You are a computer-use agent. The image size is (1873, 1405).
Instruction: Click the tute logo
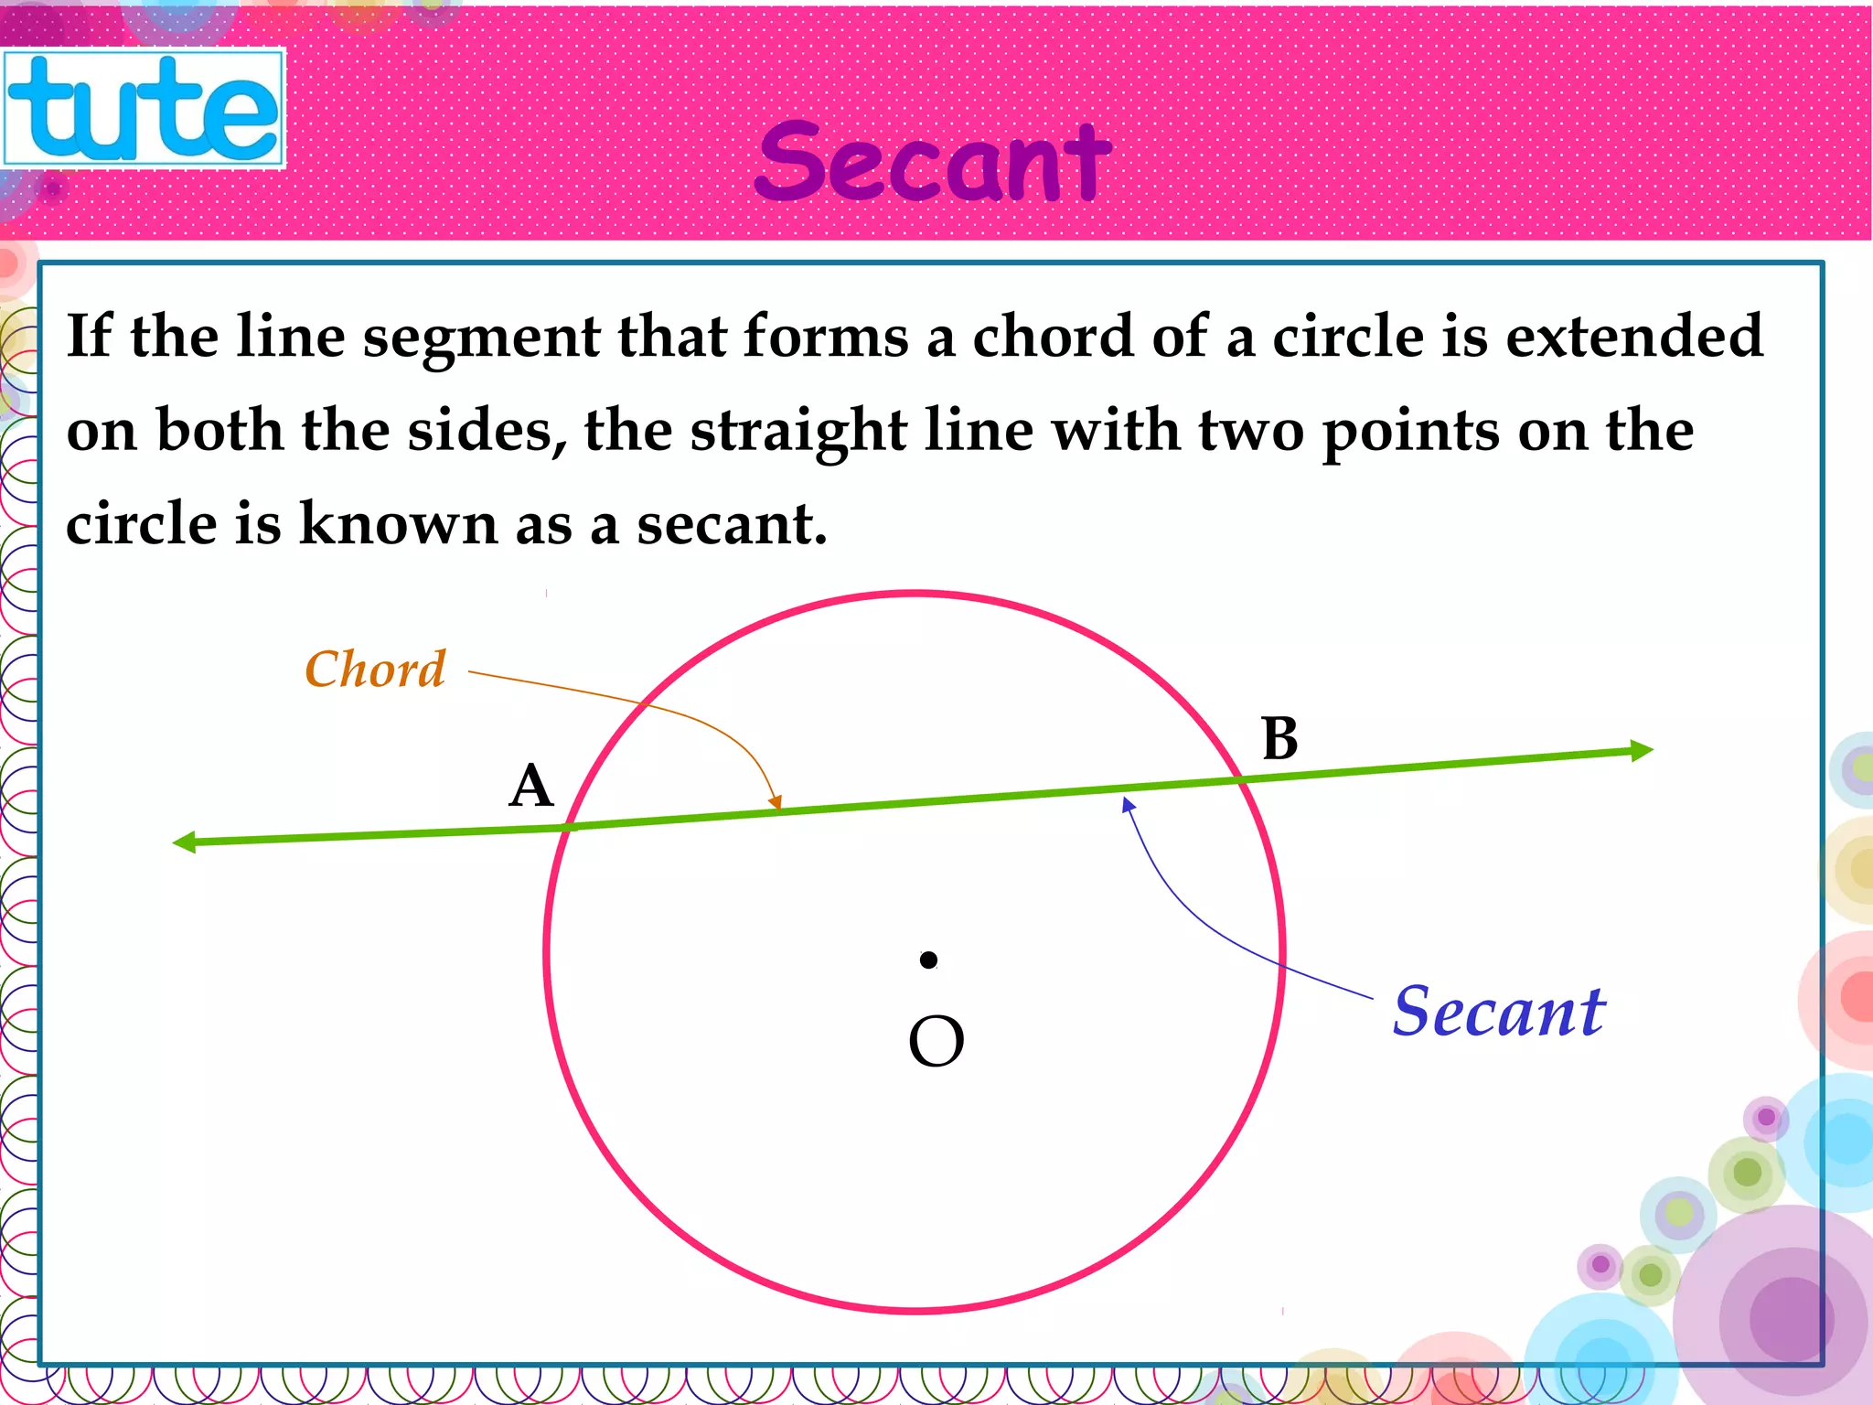coord(144,108)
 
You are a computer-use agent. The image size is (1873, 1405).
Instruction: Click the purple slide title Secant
coord(933,163)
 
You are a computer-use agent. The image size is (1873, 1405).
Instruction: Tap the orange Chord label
coord(375,670)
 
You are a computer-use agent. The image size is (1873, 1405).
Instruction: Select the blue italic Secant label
coord(1498,1013)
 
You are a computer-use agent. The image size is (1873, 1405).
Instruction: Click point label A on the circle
coord(531,787)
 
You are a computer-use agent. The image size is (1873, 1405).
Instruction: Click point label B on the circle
coord(1279,738)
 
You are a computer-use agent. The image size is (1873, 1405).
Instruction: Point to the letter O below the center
coord(936,1042)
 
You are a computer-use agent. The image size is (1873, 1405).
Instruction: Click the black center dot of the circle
coord(928,960)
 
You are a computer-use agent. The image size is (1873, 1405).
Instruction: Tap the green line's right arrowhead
coord(1642,751)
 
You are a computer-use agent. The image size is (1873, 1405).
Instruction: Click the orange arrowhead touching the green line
coord(776,802)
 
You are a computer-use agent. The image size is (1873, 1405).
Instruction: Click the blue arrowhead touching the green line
coord(1129,805)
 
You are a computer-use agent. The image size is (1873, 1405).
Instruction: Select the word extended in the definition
coord(1634,336)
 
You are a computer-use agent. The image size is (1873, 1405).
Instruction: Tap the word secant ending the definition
coord(732,524)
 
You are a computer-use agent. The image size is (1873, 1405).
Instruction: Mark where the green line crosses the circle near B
coord(1242,779)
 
